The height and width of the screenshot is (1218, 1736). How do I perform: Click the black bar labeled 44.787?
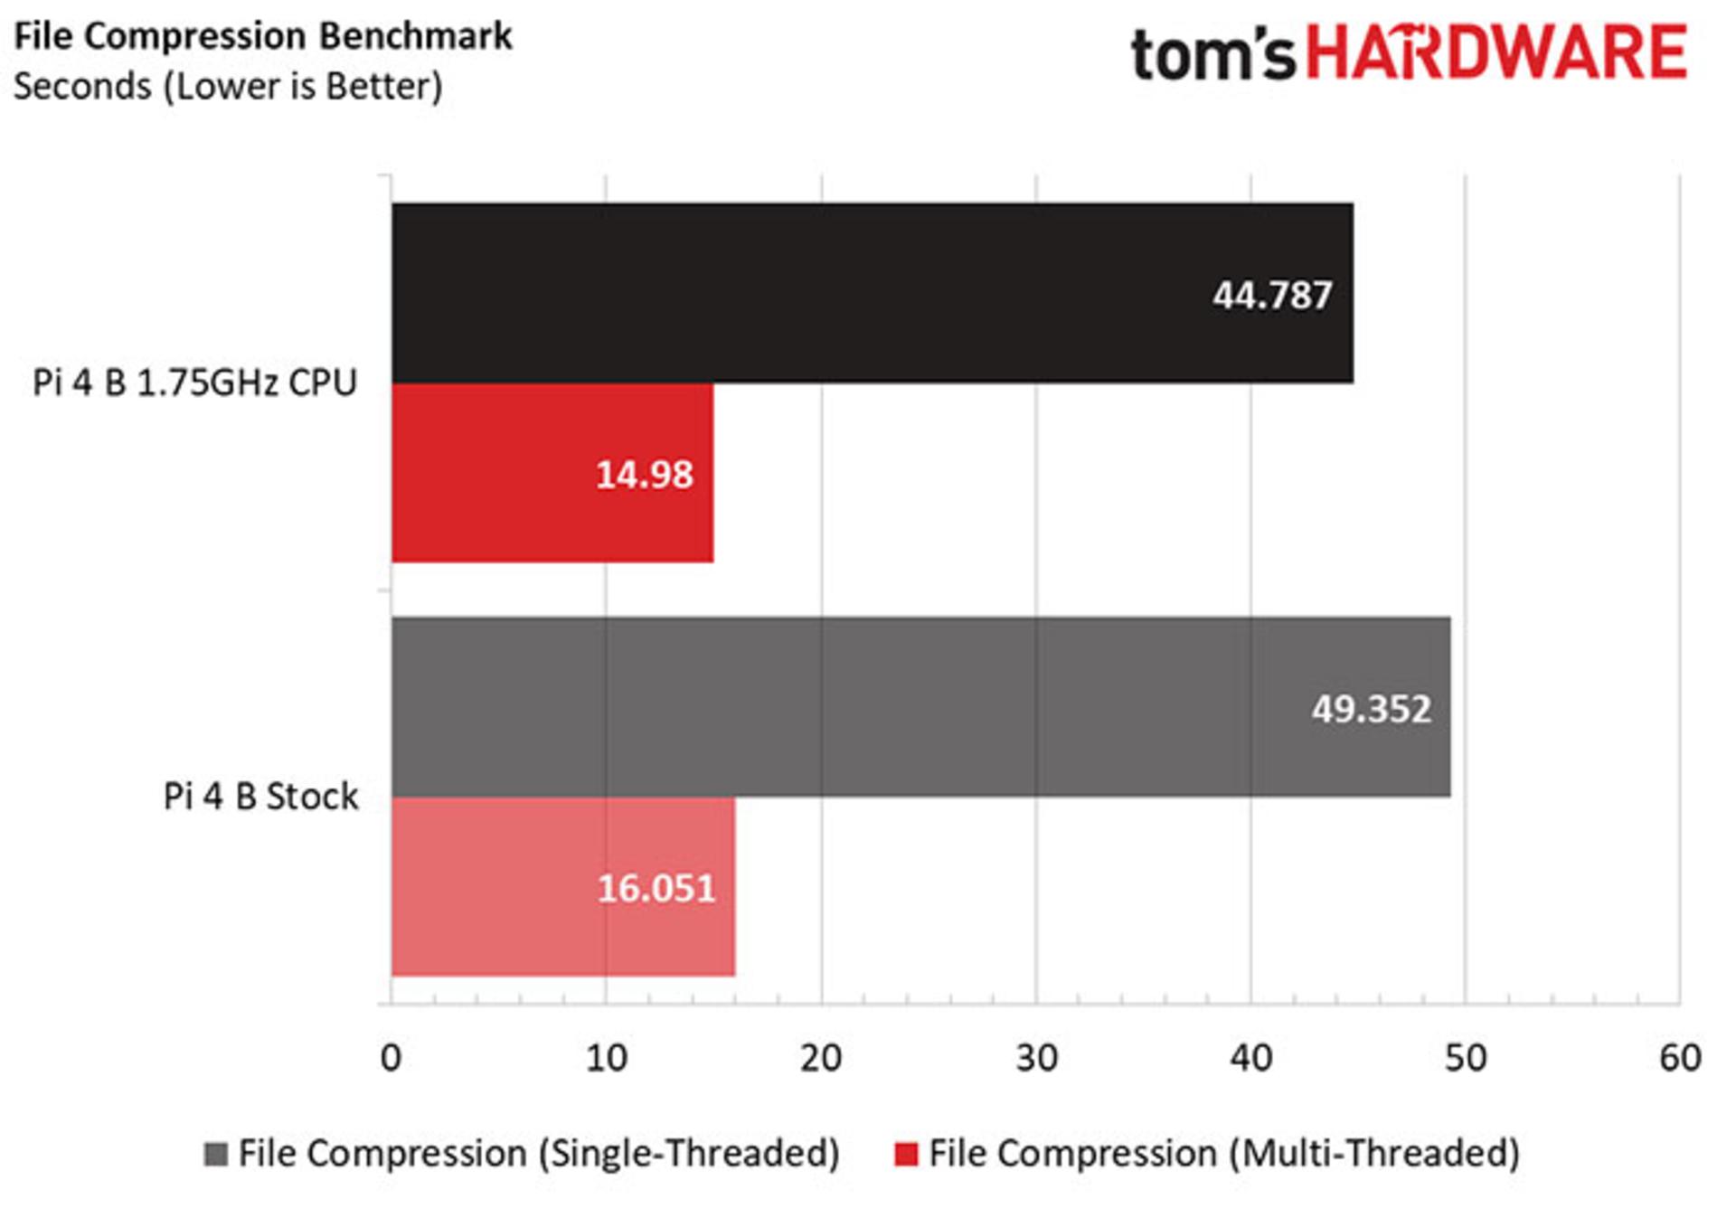coord(873,293)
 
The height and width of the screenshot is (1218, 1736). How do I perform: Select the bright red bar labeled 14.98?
coord(552,473)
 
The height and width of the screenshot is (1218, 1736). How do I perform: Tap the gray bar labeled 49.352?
coord(921,707)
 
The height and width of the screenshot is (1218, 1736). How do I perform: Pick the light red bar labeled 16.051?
coord(563,887)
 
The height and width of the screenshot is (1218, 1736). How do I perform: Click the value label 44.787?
coord(1272,296)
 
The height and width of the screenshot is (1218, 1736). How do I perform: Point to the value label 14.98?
coord(644,475)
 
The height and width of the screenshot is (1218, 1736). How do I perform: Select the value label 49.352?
coord(1371,709)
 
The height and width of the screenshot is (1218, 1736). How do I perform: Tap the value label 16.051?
coord(656,889)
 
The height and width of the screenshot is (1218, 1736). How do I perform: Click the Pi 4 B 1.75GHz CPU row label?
coord(195,382)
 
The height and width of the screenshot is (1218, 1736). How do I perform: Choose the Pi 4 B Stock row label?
coord(260,797)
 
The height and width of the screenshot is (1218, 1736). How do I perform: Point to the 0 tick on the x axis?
coord(391,1057)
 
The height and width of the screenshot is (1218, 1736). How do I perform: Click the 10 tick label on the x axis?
coord(606,1057)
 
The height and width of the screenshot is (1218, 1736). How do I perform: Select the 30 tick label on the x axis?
coord(1036,1057)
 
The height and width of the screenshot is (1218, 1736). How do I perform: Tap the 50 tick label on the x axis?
coord(1466,1057)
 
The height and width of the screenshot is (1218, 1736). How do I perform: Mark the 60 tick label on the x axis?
coord(1680,1057)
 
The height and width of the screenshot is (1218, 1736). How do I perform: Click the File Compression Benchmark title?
coord(263,36)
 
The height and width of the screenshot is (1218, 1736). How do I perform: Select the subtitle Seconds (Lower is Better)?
coord(228,87)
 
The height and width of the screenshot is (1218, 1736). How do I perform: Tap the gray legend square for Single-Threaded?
coord(215,1154)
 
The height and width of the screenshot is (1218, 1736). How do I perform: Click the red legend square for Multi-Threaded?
coord(906,1154)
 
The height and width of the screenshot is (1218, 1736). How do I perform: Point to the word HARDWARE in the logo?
coord(1496,52)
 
